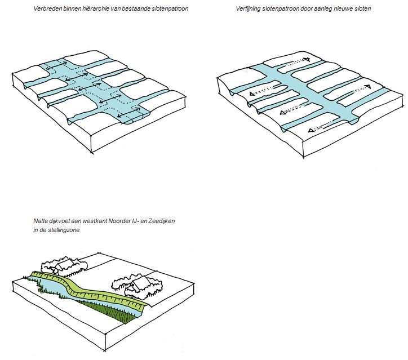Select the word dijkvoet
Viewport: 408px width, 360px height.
61,221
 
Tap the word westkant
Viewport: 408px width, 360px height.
94,221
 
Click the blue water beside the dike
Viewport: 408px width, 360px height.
54,288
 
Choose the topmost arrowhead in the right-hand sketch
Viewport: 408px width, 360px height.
307,59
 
